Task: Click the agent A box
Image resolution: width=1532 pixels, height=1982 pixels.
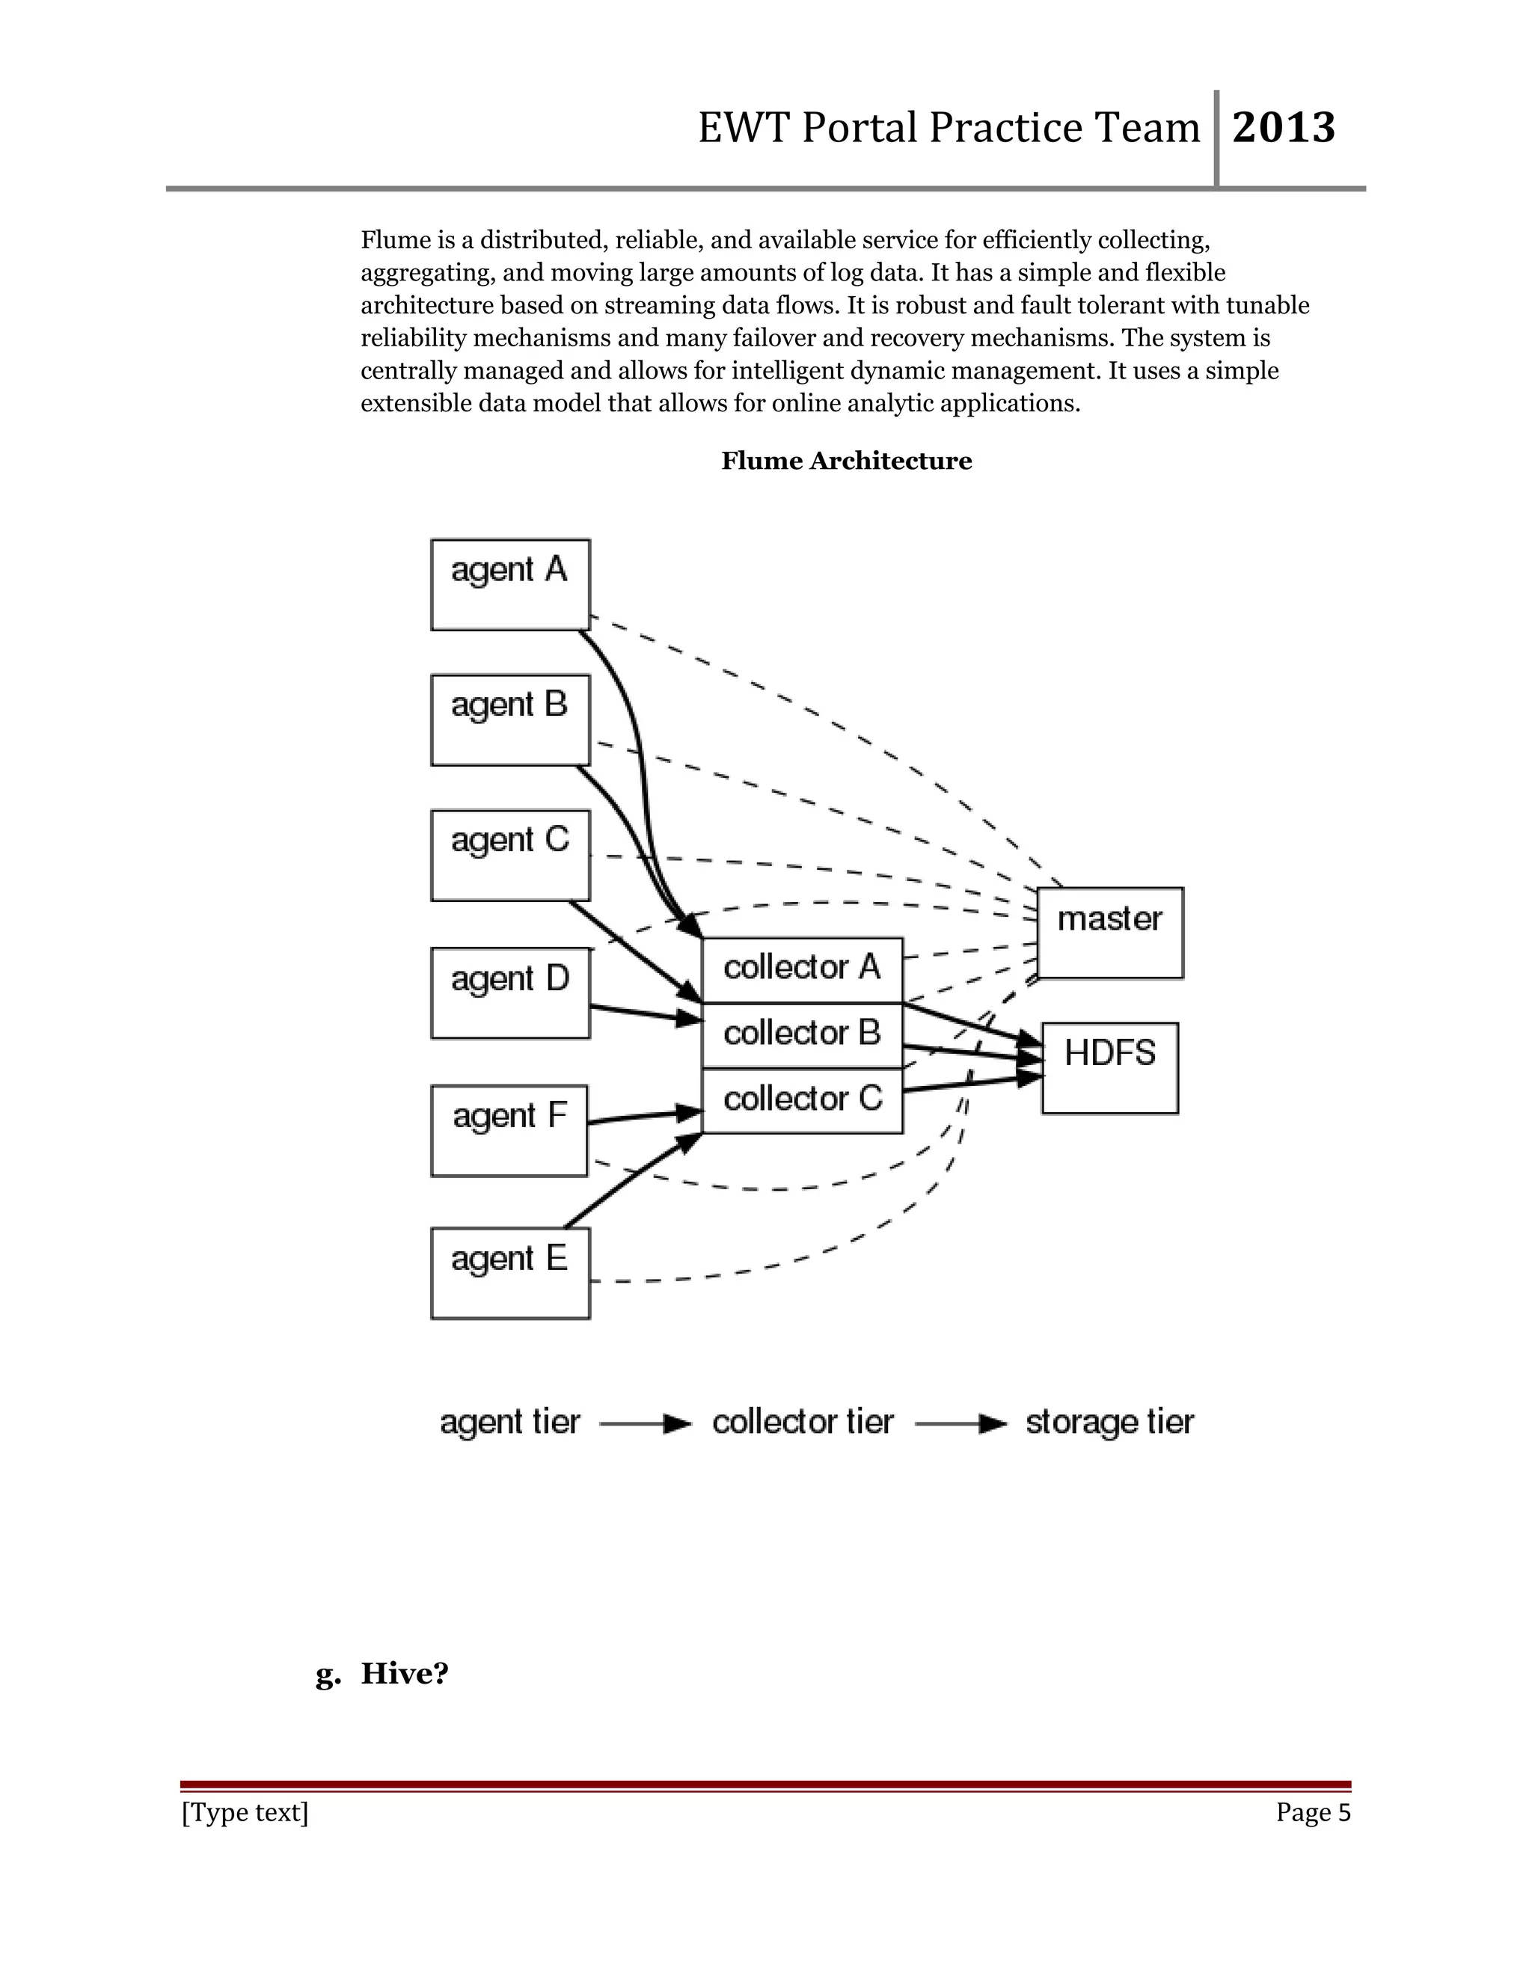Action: tap(510, 584)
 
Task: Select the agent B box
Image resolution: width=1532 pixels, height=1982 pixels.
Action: tap(510, 720)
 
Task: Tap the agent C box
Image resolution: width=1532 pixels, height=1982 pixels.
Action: tap(510, 855)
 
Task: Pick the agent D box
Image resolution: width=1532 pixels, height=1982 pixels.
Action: tap(510, 992)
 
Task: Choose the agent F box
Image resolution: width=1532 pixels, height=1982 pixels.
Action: tap(509, 1130)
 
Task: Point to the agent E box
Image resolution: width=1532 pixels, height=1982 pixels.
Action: tap(510, 1272)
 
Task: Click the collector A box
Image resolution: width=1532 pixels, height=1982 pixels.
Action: tap(803, 969)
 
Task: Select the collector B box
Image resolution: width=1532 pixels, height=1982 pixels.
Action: tap(803, 1034)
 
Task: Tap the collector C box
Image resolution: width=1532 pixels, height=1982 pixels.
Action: tap(803, 1100)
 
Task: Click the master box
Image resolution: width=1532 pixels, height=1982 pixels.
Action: tap(1110, 932)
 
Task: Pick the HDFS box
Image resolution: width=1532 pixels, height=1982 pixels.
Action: tap(1110, 1067)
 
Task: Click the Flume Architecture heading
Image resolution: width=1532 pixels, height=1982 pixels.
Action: tap(846, 461)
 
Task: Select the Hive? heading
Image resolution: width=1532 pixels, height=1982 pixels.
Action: tap(404, 1673)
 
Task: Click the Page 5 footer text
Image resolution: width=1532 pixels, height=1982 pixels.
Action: tap(1312, 1812)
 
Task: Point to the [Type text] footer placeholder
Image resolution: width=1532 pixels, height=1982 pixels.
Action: tap(245, 1812)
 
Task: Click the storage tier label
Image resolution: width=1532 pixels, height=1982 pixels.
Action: tap(1109, 1422)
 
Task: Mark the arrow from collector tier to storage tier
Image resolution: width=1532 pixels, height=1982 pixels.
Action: tap(960, 1424)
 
